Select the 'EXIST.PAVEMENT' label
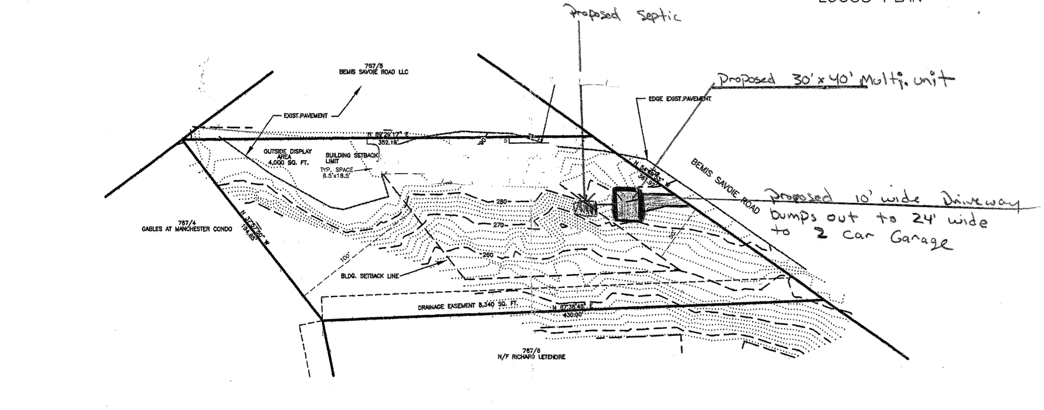click(305, 116)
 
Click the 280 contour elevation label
click(501, 202)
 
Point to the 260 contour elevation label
click(488, 255)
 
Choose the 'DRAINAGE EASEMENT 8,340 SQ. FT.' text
click(468, 306)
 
